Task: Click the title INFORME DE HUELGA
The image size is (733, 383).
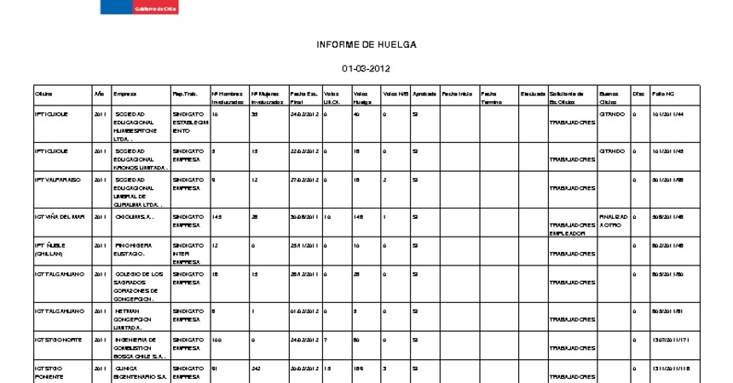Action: point(366,44)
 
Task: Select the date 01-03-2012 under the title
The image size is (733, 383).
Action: point(366,69)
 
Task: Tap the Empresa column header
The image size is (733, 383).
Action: point(124,93)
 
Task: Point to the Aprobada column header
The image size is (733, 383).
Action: point(424,93)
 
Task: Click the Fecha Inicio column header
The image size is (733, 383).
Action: point(457,93)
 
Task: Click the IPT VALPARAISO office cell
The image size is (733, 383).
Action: point(57,180)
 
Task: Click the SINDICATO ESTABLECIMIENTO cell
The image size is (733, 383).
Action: point(189,123)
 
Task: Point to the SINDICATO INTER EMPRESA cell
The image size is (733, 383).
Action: point(188,253)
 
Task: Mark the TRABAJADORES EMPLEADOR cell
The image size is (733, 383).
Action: point(572,228)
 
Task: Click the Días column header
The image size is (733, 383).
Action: point(638,93)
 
